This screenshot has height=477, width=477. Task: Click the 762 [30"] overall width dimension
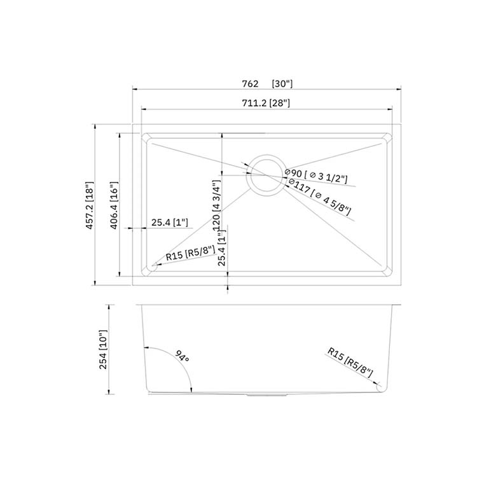[267, 84]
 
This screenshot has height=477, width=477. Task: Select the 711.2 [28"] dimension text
[266, 103]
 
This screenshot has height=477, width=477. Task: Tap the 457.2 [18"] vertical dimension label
[90, 205]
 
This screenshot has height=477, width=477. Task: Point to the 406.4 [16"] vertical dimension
[114, 205]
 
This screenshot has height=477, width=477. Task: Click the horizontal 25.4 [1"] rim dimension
[170, 223]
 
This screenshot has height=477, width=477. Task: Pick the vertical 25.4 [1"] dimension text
[222, 247]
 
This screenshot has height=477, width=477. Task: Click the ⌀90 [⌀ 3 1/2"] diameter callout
[316, 176]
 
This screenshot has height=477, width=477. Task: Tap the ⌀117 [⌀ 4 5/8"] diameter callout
[320, 197]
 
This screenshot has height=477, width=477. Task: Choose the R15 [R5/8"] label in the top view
[190, 252]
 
